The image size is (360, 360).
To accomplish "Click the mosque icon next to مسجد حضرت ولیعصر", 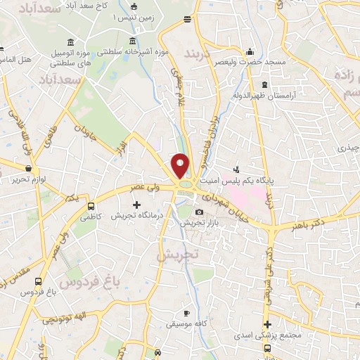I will point(250,52).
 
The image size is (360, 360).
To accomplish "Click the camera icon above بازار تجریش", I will point(200,212).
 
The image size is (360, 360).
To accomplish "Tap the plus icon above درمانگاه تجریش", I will point(136,205).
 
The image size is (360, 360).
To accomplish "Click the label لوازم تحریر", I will point(28,181).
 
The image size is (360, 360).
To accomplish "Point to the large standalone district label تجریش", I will point(177,254).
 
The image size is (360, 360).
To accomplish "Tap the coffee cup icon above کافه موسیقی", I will point(186,313).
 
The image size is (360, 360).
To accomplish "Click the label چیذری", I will point(348,148).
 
